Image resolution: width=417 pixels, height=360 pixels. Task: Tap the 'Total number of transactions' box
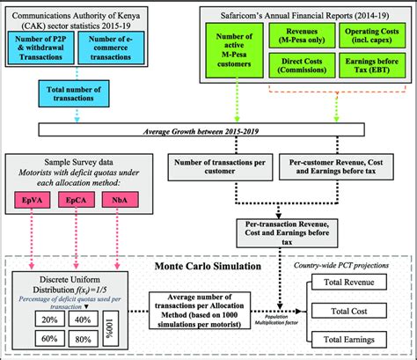[69, 94]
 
